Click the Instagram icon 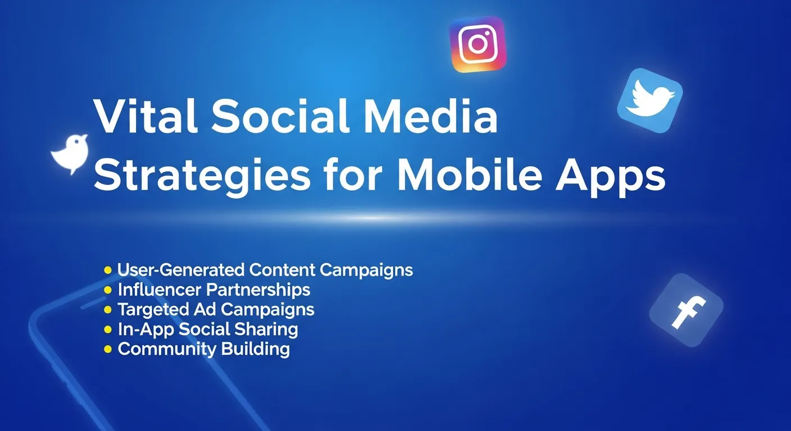pyautogui.click(x=478, y=44)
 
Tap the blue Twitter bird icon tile pyautogui.click(x=649, y=100)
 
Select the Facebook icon pyautogui.click(x=686, y=310)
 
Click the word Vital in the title pyautogui.click(x=145, y=117)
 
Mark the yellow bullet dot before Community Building pyautogui.click(x=108, y=349)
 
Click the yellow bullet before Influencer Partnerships pyautogui.click(x=108, y=290)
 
